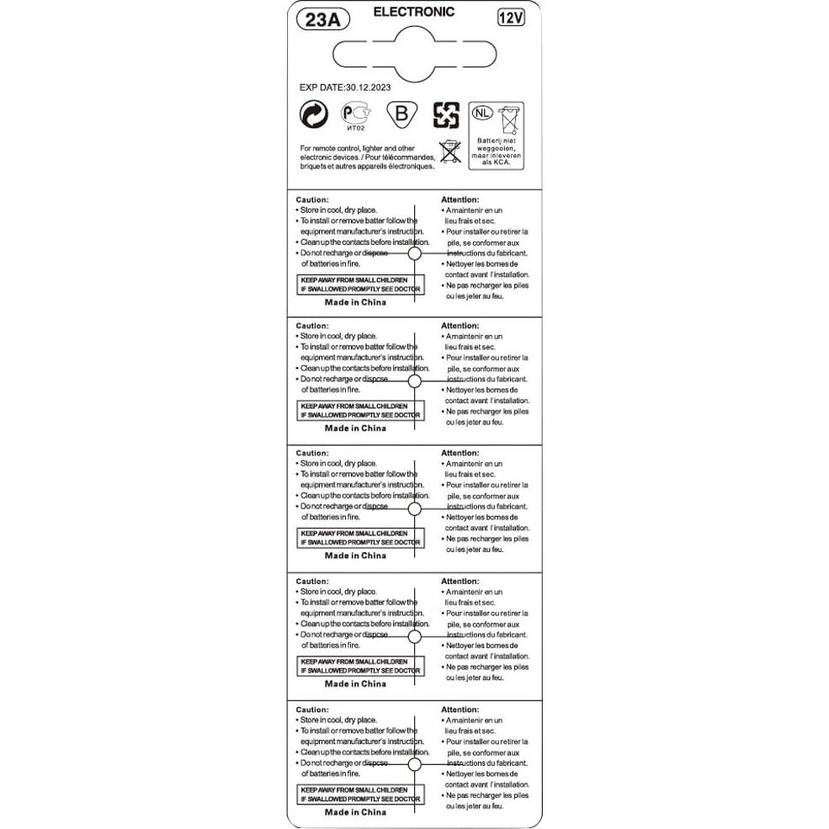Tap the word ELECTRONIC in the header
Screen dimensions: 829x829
[413, 12]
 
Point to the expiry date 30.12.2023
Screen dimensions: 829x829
[368, 87]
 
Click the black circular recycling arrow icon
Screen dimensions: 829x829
[313, 115]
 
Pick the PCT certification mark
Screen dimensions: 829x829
[354, 113]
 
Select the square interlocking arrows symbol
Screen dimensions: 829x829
[446, 115]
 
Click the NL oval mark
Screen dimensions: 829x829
[481, 113]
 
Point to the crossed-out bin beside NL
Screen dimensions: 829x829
[509, 120]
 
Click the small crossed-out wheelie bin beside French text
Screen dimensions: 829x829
[450, 151]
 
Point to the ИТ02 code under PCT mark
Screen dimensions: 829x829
[355, 130]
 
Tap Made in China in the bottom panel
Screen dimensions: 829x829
[355, 812]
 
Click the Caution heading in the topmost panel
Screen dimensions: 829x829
[312, 199]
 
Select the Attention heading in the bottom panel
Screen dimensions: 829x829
[460, 709]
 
